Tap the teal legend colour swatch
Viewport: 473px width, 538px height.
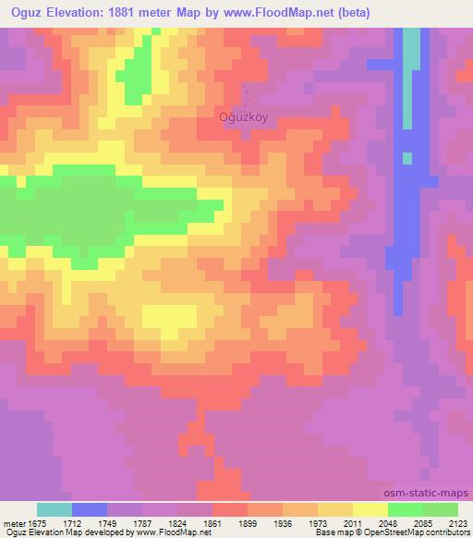pos(55,508)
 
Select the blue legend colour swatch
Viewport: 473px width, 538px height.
pos(90,508)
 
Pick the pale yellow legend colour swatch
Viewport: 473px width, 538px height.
pos(370,508)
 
